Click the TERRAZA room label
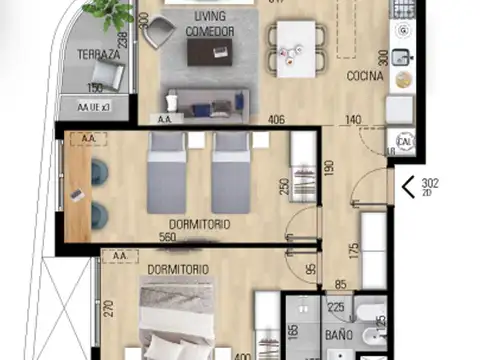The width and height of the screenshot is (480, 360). [101, 56]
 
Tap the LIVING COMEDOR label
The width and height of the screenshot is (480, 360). [210, 25]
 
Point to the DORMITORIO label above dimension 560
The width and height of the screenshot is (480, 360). [199, 225]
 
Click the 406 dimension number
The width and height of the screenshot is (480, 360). [277, 120]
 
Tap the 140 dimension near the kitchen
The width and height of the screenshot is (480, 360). [353, 120]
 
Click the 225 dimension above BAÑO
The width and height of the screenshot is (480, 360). [336, 308]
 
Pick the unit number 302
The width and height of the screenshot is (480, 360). [430, 183]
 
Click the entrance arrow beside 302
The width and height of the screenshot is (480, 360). [408, 186]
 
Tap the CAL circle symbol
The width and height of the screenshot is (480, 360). [406, 142]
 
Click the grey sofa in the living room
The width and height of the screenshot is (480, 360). [205, 99]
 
